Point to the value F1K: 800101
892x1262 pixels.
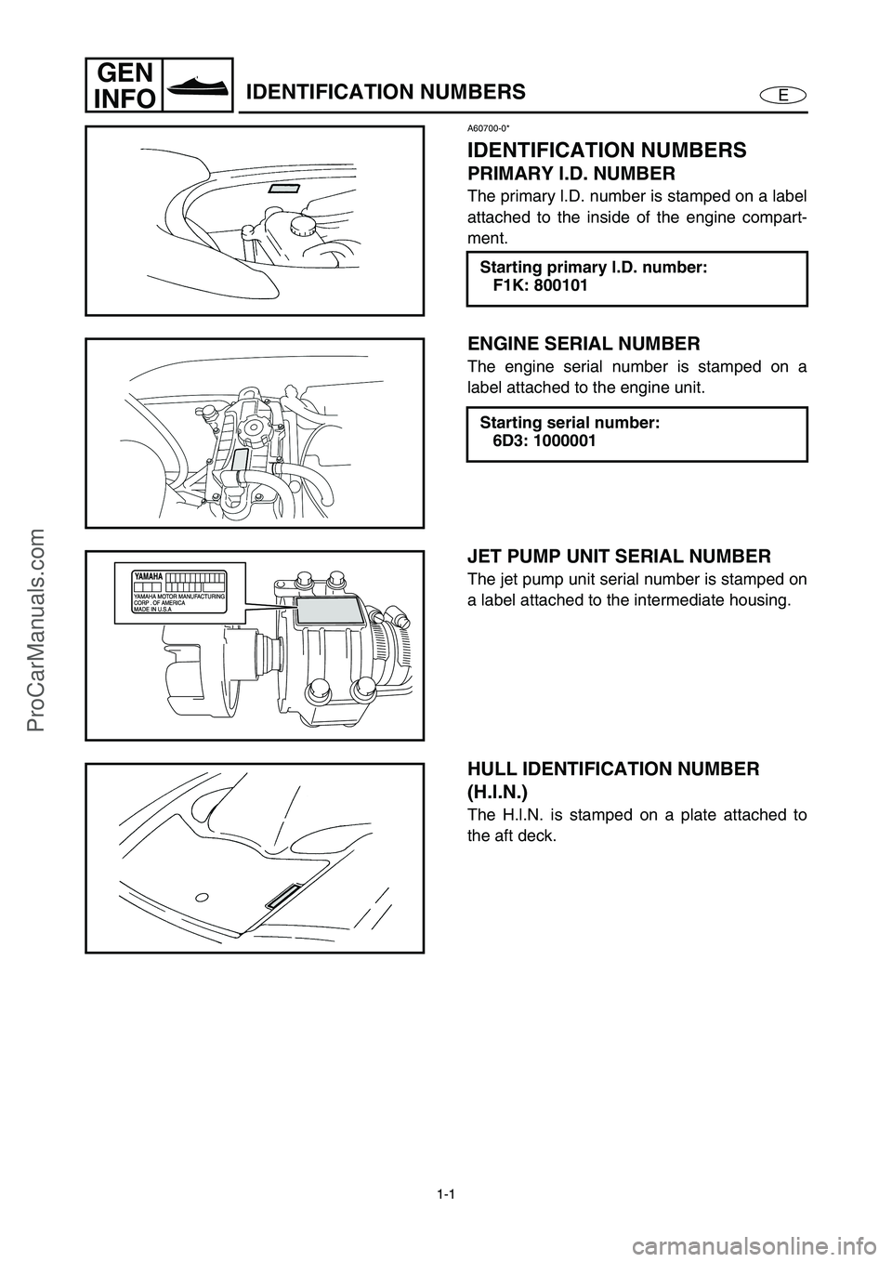pos(539,286)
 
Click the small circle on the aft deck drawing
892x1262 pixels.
pos(201,898)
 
